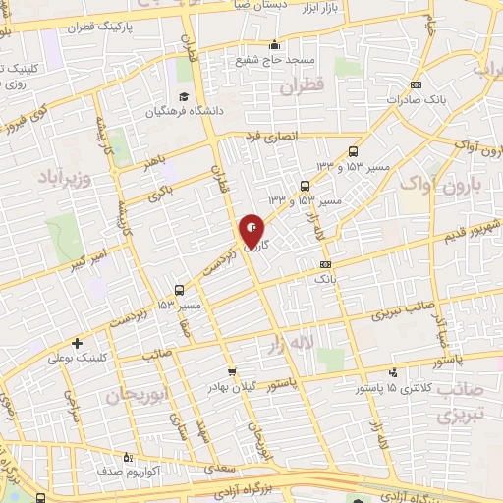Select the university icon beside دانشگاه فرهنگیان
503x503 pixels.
pos(184,97)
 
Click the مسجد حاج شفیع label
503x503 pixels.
pos(274,60)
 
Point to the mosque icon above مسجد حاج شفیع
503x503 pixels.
pos(273,44)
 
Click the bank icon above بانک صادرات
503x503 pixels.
pos(417,84)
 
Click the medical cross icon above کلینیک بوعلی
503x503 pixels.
pos(76,343)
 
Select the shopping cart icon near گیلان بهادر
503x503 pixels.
pos(232,371)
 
